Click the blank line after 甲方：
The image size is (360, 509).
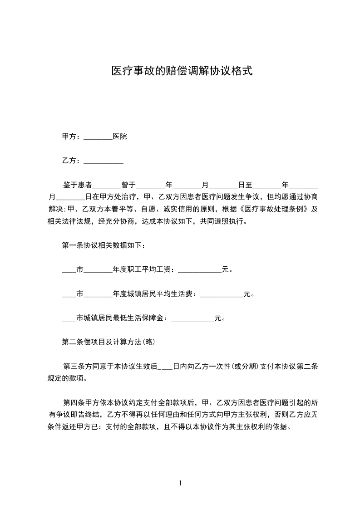coord(98,137)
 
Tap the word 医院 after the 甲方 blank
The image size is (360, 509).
coord(120,137)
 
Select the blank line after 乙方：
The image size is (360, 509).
coord(104,161)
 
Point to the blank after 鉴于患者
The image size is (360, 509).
coord(107,186)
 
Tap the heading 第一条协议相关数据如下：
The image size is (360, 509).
coord(104,246)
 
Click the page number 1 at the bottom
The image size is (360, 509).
coord(180,484)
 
